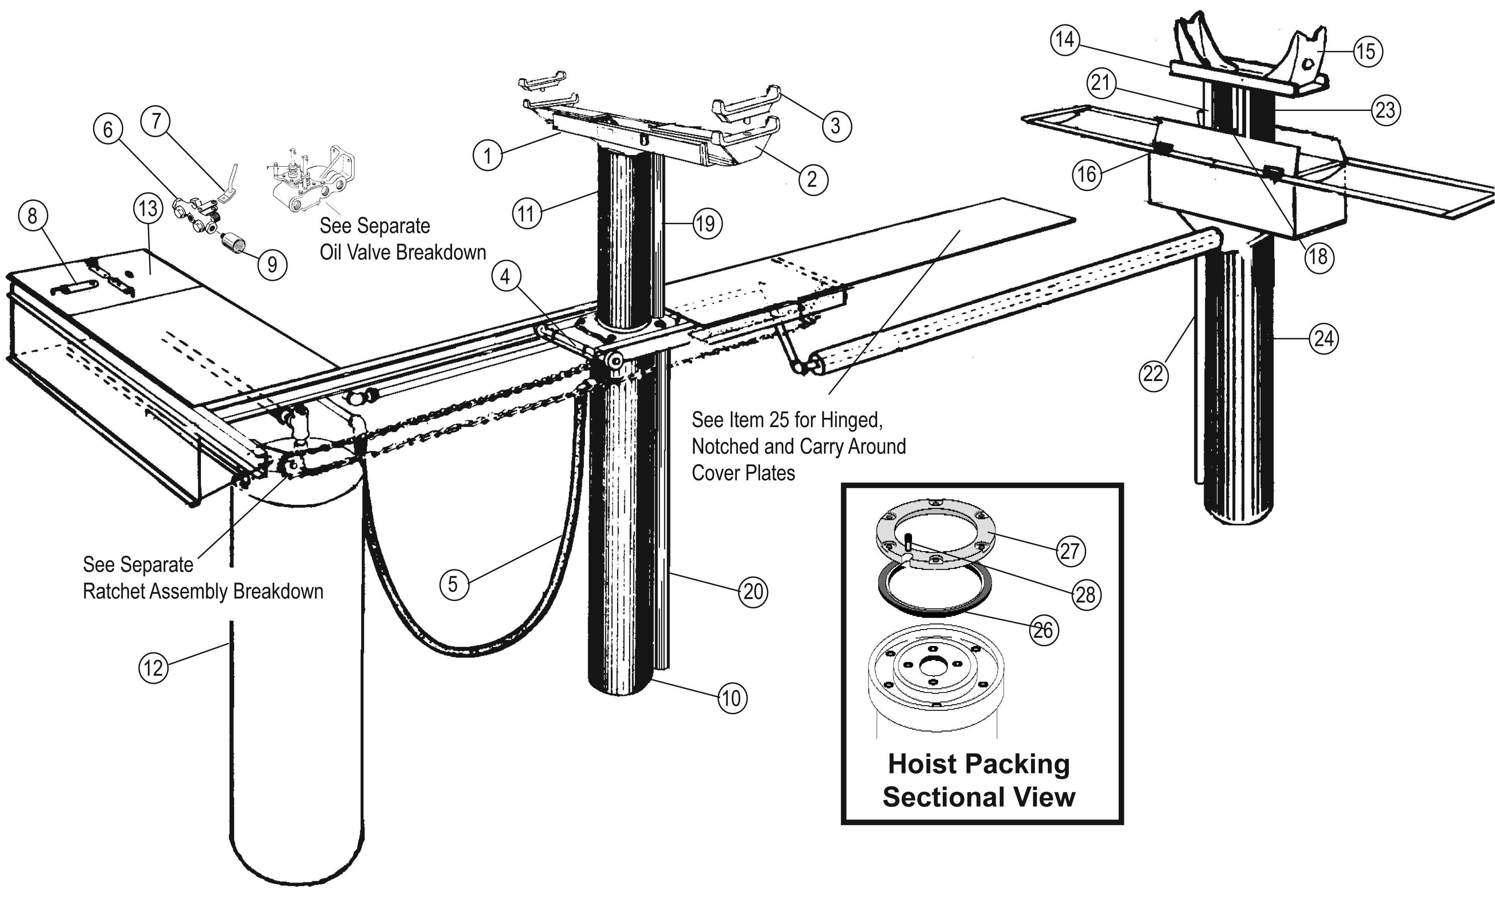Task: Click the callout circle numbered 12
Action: (153, 668)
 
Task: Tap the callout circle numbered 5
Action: (453, 585)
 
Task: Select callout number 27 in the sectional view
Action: (1070, 551)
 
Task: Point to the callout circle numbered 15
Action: (1367, 51)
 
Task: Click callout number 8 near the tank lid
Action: (33, 216)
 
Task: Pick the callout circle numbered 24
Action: (1324, 338)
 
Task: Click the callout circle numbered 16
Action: (1087, 174)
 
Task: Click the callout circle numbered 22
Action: (1153, 375)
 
